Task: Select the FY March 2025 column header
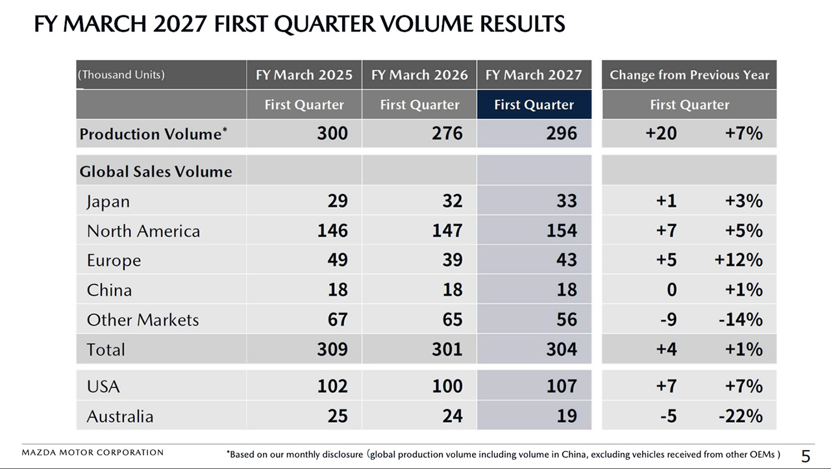pyautogui.click(x=304, y=75)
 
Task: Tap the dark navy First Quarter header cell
pyautogui.click(x=534, y=105)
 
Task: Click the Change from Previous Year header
pyautogui.click(x=689, y=75)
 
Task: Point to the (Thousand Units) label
pyautogui.click(x=121, y=75)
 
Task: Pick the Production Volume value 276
pyautogui.click(x=447, y=134)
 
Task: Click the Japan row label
pyautogui.click(x=108, y=202)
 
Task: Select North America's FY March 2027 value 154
pyautogui.click(x=562, y=231)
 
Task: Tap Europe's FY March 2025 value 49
pyautogui.click(x=338, y=260)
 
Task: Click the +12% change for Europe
pyautogui.click(x=739, y=260)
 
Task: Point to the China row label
pyautogui.click(x=109, y=290)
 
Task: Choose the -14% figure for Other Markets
pyautogui.click(x=741, y=320)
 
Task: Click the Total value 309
pyautogui.click(x=332, y=349)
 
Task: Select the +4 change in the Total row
pyautogui.click(x=666, y=349)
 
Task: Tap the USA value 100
pyautogui.click(x=447, y=386)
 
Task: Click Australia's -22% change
pyautogui.click(x=741, y=416)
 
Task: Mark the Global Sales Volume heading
pyautogui.click(x=156, y=171)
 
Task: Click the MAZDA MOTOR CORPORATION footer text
pyautogui.click(x=93, y=453)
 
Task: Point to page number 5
pyautogui.click(x=806, y=457)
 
